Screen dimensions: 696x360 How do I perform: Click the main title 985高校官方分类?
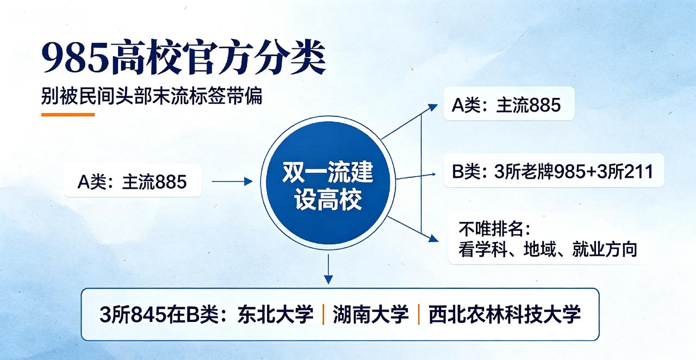coord(183,57)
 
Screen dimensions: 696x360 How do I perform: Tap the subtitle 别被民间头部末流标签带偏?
coord(152,96)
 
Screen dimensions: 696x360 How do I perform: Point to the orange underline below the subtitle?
coord(68,115)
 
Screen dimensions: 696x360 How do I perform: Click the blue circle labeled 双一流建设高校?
coord(328,183)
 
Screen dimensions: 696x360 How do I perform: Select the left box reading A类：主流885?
coord(133,181)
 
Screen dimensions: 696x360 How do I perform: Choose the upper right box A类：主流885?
coord(509,104)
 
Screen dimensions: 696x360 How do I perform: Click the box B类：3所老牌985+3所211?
coord(554,171)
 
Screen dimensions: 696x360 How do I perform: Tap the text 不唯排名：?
coord(495,229)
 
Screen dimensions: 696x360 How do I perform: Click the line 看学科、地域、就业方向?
coord(548,249)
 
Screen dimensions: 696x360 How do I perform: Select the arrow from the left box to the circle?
coord(232,182)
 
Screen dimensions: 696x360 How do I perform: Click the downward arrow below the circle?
coord(328,269)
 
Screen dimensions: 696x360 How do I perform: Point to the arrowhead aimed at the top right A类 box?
coord(432,107)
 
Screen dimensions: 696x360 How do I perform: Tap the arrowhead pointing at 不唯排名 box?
coord(433,238)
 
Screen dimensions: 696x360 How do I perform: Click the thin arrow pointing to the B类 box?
coord(416,177)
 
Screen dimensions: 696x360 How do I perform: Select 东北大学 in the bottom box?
coord(275,315)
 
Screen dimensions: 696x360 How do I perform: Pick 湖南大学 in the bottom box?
coord(371,315)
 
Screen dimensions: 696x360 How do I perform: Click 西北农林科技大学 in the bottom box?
coord(504,315)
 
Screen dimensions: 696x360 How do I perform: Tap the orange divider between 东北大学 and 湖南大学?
coord(323,315)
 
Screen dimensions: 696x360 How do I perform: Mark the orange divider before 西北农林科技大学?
coord(419,315)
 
